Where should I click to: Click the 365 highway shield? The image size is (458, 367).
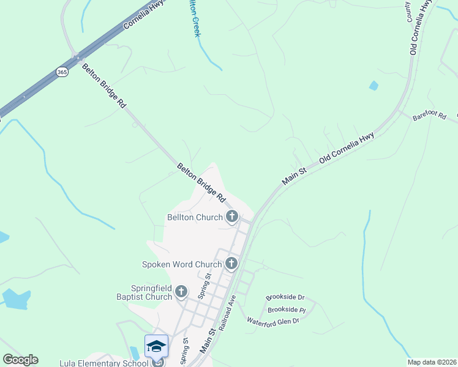click(x=62, y=72)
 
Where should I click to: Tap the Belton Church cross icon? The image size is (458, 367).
click(x=232, y=217)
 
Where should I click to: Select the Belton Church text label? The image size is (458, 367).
click(x=194, y=217)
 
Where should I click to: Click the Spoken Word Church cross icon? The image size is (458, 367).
click(x=231, y=264)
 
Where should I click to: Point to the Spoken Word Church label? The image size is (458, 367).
click(x=181, y=264)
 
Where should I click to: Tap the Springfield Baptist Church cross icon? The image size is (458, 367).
click(x=181, y=292)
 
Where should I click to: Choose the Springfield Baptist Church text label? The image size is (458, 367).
click(x=151, y=292)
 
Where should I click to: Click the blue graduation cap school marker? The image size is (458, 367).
click(x=156, y=346)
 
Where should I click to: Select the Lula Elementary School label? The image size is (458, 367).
click(x=103, y=363)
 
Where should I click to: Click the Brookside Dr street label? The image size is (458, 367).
click(x=285, y=298)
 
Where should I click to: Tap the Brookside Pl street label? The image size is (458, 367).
click(x=286, y=310)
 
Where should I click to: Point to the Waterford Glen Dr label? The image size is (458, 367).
click(x=272, y=321)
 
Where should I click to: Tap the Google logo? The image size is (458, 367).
click(x=20, y=360)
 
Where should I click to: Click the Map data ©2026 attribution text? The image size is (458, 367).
click(x=432, y=362)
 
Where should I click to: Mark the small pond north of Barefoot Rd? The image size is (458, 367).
click(x=374, y=86)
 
